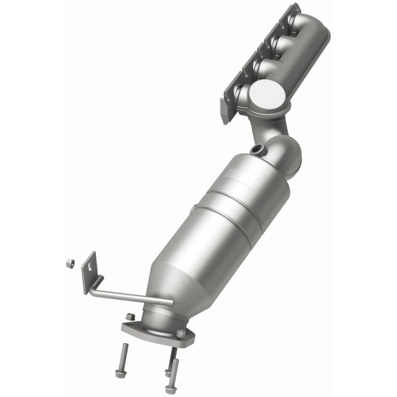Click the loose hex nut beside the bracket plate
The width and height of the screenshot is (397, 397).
click(x=70, y=264)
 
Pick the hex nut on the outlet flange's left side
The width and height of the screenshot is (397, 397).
click(x=130, y=317)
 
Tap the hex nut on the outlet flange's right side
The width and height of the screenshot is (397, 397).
click(x=182, y=333)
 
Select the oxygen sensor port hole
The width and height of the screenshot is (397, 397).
click(x=257, y=148)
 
